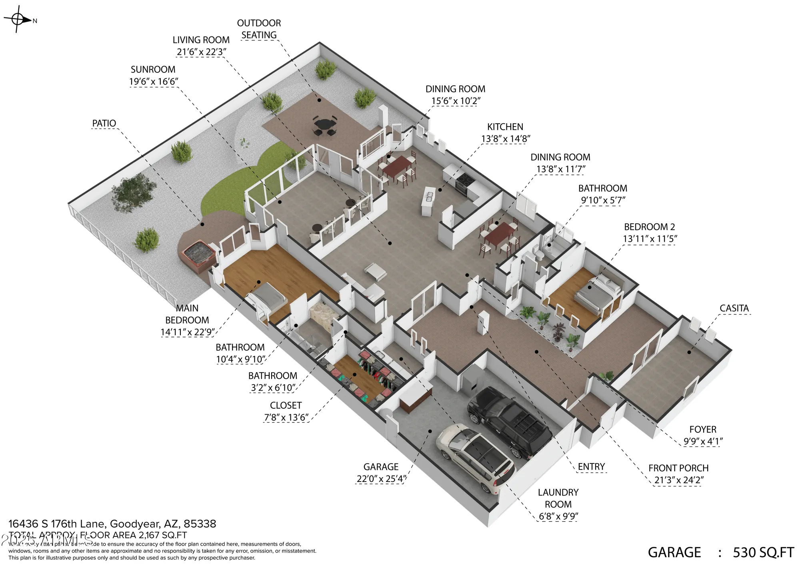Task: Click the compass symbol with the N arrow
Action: click(x=18, y=19)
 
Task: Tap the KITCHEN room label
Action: click(x=505, y=127)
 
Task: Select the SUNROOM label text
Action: click(x=153, y=69)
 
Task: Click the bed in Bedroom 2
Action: click(x=599, y=295)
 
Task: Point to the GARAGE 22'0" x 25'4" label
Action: click(x=381, y=473)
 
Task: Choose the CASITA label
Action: click(x=734, y=308)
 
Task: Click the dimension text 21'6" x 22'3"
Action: click(x=201, y=52)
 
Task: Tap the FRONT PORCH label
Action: click(x=678, y=468)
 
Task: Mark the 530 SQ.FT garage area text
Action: click(x=763, y=552)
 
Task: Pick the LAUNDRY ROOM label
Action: click(x=558, y=498)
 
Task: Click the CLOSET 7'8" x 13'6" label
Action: click(x=286, y=411)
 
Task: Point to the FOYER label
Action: click(x=703, y=430)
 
